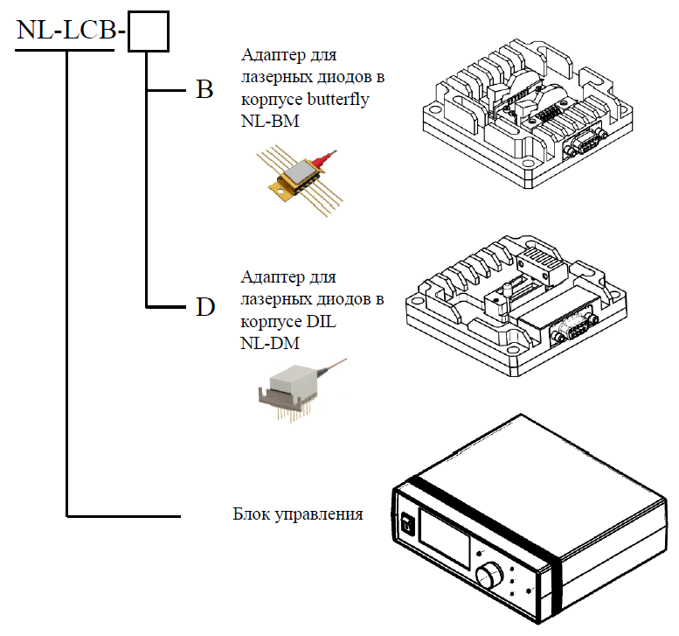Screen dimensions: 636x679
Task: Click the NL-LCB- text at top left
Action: coord(71,32)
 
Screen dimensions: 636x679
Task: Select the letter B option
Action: coord(204,91)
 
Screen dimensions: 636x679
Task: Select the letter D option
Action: coord(204,307)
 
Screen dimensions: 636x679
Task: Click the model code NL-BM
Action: coord(269,122)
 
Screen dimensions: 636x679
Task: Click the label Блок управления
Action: coord(297,514)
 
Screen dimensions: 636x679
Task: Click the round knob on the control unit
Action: coord(490,575)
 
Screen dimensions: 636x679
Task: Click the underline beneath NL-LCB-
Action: coord(66,50)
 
